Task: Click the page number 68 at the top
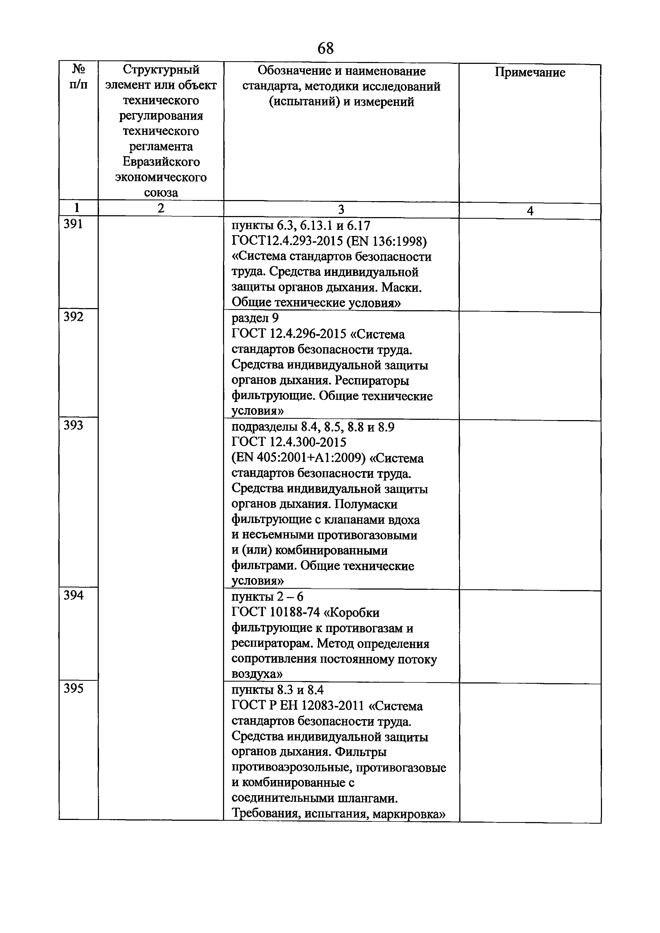pos(325,48)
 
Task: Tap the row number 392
pos(73,317)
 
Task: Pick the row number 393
pos(73,425)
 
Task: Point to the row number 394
pos(73,595)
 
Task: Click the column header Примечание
pos(530,72)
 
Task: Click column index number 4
pos(530,211)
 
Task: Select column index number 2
pos(161,209)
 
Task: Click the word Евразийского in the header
pos(161,162)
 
